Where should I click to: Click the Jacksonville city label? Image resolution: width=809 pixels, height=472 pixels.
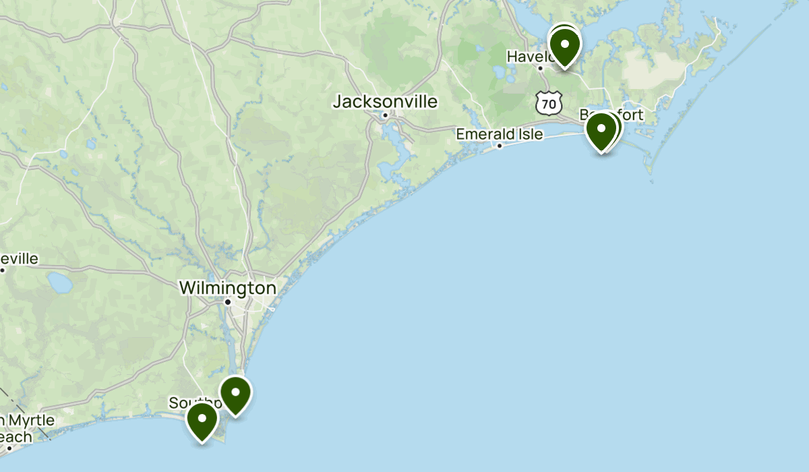385,102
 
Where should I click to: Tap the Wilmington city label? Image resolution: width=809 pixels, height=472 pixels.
227,288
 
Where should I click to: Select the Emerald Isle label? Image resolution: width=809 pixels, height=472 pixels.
499,134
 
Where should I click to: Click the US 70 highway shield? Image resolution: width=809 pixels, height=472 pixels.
549,103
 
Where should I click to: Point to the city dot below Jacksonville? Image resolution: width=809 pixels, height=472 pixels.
385,115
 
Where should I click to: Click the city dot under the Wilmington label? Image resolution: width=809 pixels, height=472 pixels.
228,301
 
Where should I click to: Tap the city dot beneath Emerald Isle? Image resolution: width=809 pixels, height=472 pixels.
500,146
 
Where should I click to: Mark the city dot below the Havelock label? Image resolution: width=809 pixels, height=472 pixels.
540,67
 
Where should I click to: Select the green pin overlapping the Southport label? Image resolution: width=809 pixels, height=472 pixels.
202,419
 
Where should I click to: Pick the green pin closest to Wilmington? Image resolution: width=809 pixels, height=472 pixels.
236,393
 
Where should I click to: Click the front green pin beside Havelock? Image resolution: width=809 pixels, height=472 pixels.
564,47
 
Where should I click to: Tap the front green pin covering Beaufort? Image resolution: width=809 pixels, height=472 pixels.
601,129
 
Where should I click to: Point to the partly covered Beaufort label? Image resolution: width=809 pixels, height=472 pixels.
630,115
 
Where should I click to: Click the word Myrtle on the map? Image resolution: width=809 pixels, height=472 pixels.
31,421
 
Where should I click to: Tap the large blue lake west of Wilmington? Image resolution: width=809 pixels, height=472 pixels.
60,283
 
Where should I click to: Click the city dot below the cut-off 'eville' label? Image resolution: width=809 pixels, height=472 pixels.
3,270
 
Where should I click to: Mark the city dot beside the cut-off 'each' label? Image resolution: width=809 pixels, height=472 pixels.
9,448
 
